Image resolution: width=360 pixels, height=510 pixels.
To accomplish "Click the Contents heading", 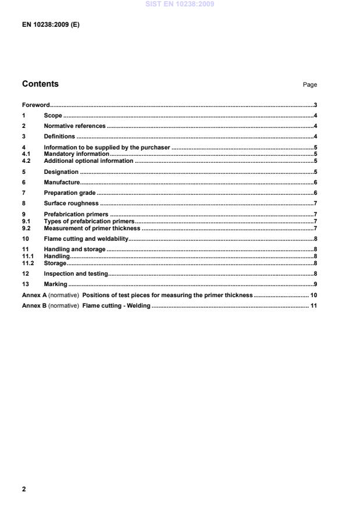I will [x=40, y=84].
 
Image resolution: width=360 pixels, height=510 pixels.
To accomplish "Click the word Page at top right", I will [x=309, y=85].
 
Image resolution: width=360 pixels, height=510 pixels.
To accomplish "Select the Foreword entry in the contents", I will [x=35, y=105].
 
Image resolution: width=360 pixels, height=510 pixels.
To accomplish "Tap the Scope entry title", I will [x=53, y=116].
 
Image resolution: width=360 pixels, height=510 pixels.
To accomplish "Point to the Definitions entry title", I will [x=59, y=136].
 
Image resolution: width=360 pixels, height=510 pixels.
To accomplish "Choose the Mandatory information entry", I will [x=76, y=154].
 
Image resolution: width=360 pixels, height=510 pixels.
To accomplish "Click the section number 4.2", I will [x=26, y=161].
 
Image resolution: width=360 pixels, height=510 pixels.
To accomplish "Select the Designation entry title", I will [x=61, y=172].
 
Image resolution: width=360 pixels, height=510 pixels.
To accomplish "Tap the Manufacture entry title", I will [x=62, y=182].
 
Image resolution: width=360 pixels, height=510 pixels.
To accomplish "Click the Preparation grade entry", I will [x=70, y=192].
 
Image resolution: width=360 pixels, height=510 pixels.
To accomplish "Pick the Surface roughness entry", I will [x=71, y=204].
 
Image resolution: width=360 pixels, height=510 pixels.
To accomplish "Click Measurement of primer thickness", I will [x=92, y=229].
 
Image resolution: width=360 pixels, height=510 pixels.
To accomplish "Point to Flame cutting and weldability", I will [x=85, y=239].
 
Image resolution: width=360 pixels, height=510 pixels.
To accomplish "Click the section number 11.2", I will [x=27, y=263].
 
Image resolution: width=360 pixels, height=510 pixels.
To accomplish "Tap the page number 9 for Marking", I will [x=315, y=284].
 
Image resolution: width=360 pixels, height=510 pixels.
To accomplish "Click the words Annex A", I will [x=34, y=295].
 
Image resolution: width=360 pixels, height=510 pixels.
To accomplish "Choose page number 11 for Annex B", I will [x=313, y=305].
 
